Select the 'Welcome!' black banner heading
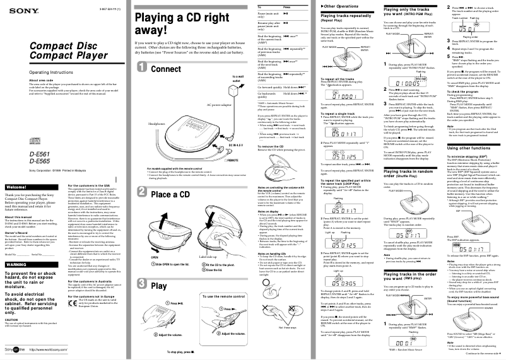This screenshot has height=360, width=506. coord(16,170)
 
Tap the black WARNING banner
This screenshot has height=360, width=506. coord(18,246)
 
